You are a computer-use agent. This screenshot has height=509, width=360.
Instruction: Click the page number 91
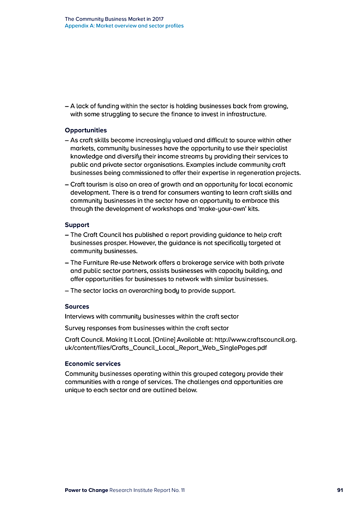(x=340, y=490)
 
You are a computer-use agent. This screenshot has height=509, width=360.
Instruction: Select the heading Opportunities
(x=86, y=130)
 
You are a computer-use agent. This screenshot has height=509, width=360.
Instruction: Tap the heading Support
(x=77, y=225)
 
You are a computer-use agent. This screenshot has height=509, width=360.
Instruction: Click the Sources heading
(x=77, y=307)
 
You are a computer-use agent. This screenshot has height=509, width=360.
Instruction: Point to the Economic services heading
(x=93, y=364)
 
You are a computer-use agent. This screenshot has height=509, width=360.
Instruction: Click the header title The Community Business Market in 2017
(x=114, y=19)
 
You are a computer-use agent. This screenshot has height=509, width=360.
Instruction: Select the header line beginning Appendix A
(x=124, y=26)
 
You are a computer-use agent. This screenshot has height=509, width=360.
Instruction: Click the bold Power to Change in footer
(x=86, y=490)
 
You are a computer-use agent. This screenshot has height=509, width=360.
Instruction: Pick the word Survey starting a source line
(x=76, y=328)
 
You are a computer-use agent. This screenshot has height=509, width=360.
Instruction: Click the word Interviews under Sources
(x=80, y=317)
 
